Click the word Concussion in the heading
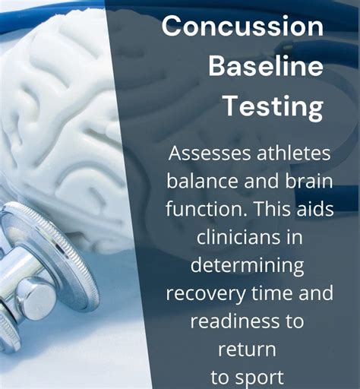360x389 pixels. [242, 27]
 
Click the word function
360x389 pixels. [200, 209]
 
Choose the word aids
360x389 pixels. [313, 209]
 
